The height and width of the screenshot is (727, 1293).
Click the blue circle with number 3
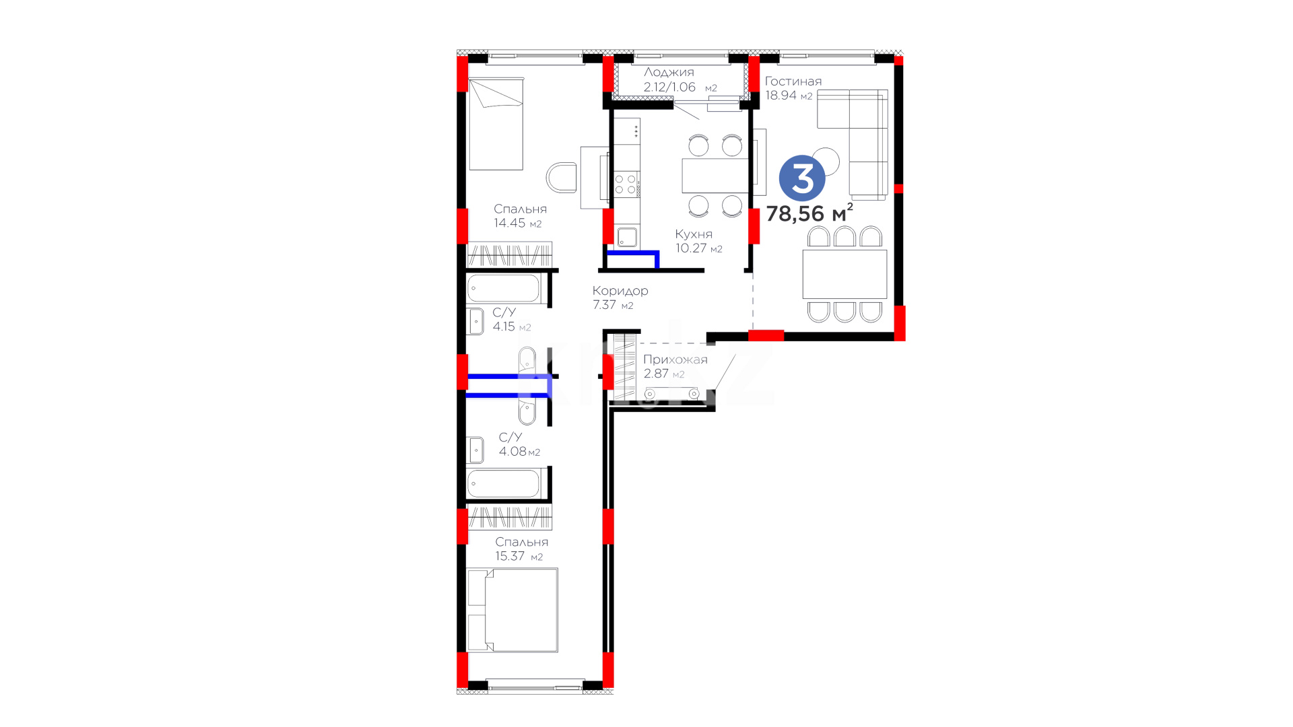(x=802, y=178)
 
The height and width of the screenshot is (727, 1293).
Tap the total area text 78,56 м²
(x=809, y=213)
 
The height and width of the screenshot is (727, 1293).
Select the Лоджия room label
(x=669, y=72)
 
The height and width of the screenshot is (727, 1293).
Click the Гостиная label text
(x=793, y=81)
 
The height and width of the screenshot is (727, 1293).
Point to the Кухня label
(x=694, y=234)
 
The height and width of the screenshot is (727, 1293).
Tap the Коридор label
(x=620, y=291)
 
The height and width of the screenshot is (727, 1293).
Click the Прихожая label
(x=675, y=359)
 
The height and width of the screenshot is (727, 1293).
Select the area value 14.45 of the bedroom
(x=510, y=223)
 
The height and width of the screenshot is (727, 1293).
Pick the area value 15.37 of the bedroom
(x=510, y=556)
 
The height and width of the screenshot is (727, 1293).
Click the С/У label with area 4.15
(x=504, y=312)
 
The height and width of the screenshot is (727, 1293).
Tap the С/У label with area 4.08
(x=510, y=437)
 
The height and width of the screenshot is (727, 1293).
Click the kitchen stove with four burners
(x=626, y=184)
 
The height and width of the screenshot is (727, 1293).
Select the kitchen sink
(x=627, y=237)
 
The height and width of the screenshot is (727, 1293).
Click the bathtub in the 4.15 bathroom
(x=503, y=289)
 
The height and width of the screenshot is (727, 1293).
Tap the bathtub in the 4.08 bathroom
(x=503, y=484)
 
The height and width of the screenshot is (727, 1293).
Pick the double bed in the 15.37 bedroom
(x=512, y=610)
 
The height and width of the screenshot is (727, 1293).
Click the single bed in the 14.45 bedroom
(x=496, y=124)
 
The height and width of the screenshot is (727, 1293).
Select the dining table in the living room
(x=844, y=274)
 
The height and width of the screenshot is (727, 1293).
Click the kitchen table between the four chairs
(x=715, y=176)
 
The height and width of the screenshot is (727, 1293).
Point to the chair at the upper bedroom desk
(x=561, y=177)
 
